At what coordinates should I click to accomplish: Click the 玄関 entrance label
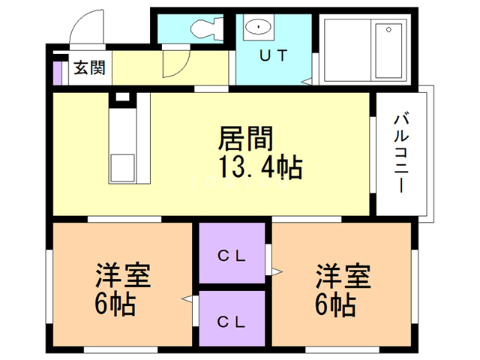[x=89, y=69]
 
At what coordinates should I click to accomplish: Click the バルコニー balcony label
[x=402, y=152]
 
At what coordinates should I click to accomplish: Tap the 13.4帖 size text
[x=259, y=166]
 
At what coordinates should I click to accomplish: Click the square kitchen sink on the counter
[x=122, y=164]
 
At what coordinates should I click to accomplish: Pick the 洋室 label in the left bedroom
[x=122, y=276]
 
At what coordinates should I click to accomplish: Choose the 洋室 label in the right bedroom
[x=342, y=276]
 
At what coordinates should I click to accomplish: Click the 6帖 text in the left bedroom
[x=114, y=305]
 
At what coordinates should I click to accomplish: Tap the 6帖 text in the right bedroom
[x=334, y=305]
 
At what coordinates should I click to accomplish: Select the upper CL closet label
[x=232, y=254]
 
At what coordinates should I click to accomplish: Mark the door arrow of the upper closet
[x=277, y=270]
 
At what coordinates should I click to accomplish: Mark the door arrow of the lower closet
[x=186, y=300]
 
